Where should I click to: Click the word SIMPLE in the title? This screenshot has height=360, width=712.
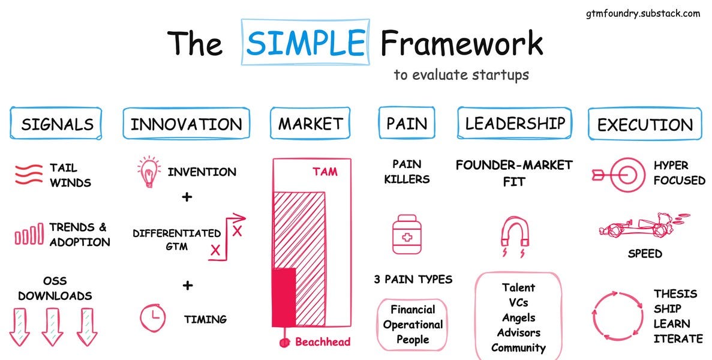pyautogui.click(x=306, y=43)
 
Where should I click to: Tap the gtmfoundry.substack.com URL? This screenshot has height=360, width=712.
pyautogui.click(x=642, y=13)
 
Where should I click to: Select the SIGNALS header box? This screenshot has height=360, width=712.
pyautogui.click(x=57, y=124)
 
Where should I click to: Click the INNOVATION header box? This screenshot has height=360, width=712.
pyautogui.click(x=187, y=124)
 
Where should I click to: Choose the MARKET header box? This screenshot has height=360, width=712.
pyautogui.click(x=310, y=124)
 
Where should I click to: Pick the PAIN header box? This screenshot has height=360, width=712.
pyautogui.click(x=407, y=124)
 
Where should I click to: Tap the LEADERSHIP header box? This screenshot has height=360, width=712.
pyautogui.click(x=515, y=123)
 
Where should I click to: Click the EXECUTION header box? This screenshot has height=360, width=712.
pyautogui.click(x=645, y=125)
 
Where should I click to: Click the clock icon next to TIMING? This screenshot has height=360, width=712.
pyautogui.click(x=153, y=318)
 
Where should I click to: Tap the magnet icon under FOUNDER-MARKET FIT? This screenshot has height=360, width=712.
pyautogui.click(x=515, y=233)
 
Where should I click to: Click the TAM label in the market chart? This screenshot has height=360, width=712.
pyautogui.click(x=325, y=172)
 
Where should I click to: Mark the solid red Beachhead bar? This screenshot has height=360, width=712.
pyautogui.click(x=284, y=298)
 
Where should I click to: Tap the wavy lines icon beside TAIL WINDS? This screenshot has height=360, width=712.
pyautogui.click(x=28, y=174)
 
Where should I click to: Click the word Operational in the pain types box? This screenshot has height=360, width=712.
pyautogui.click(x=413, y=325)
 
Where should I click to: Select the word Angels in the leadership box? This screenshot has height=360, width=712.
pyautogui.click(x=518, y=317)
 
